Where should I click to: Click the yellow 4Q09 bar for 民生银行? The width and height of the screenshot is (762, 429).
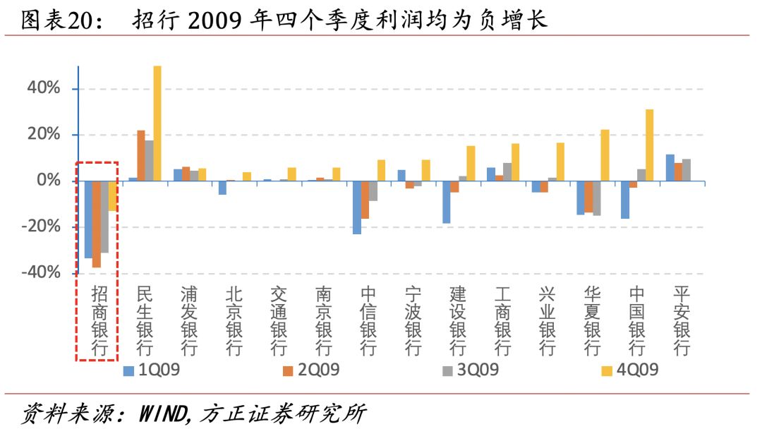(157, 123)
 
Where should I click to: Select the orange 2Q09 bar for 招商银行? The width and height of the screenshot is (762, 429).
(96, 224)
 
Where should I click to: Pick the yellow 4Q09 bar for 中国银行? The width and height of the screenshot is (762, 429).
(649, 145)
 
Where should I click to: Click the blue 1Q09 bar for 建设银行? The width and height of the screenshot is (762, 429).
(447, 203)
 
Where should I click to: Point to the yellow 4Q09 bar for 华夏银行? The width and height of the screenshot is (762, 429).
(605, 155)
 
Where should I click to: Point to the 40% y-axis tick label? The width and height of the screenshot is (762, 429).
(44, 89)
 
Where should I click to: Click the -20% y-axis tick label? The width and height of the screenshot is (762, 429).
(41, 227)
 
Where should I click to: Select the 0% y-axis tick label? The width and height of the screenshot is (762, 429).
(49, 181)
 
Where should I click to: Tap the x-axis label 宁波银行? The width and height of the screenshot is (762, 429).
(413, 321)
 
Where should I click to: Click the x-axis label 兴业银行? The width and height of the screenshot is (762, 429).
(546, 321)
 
